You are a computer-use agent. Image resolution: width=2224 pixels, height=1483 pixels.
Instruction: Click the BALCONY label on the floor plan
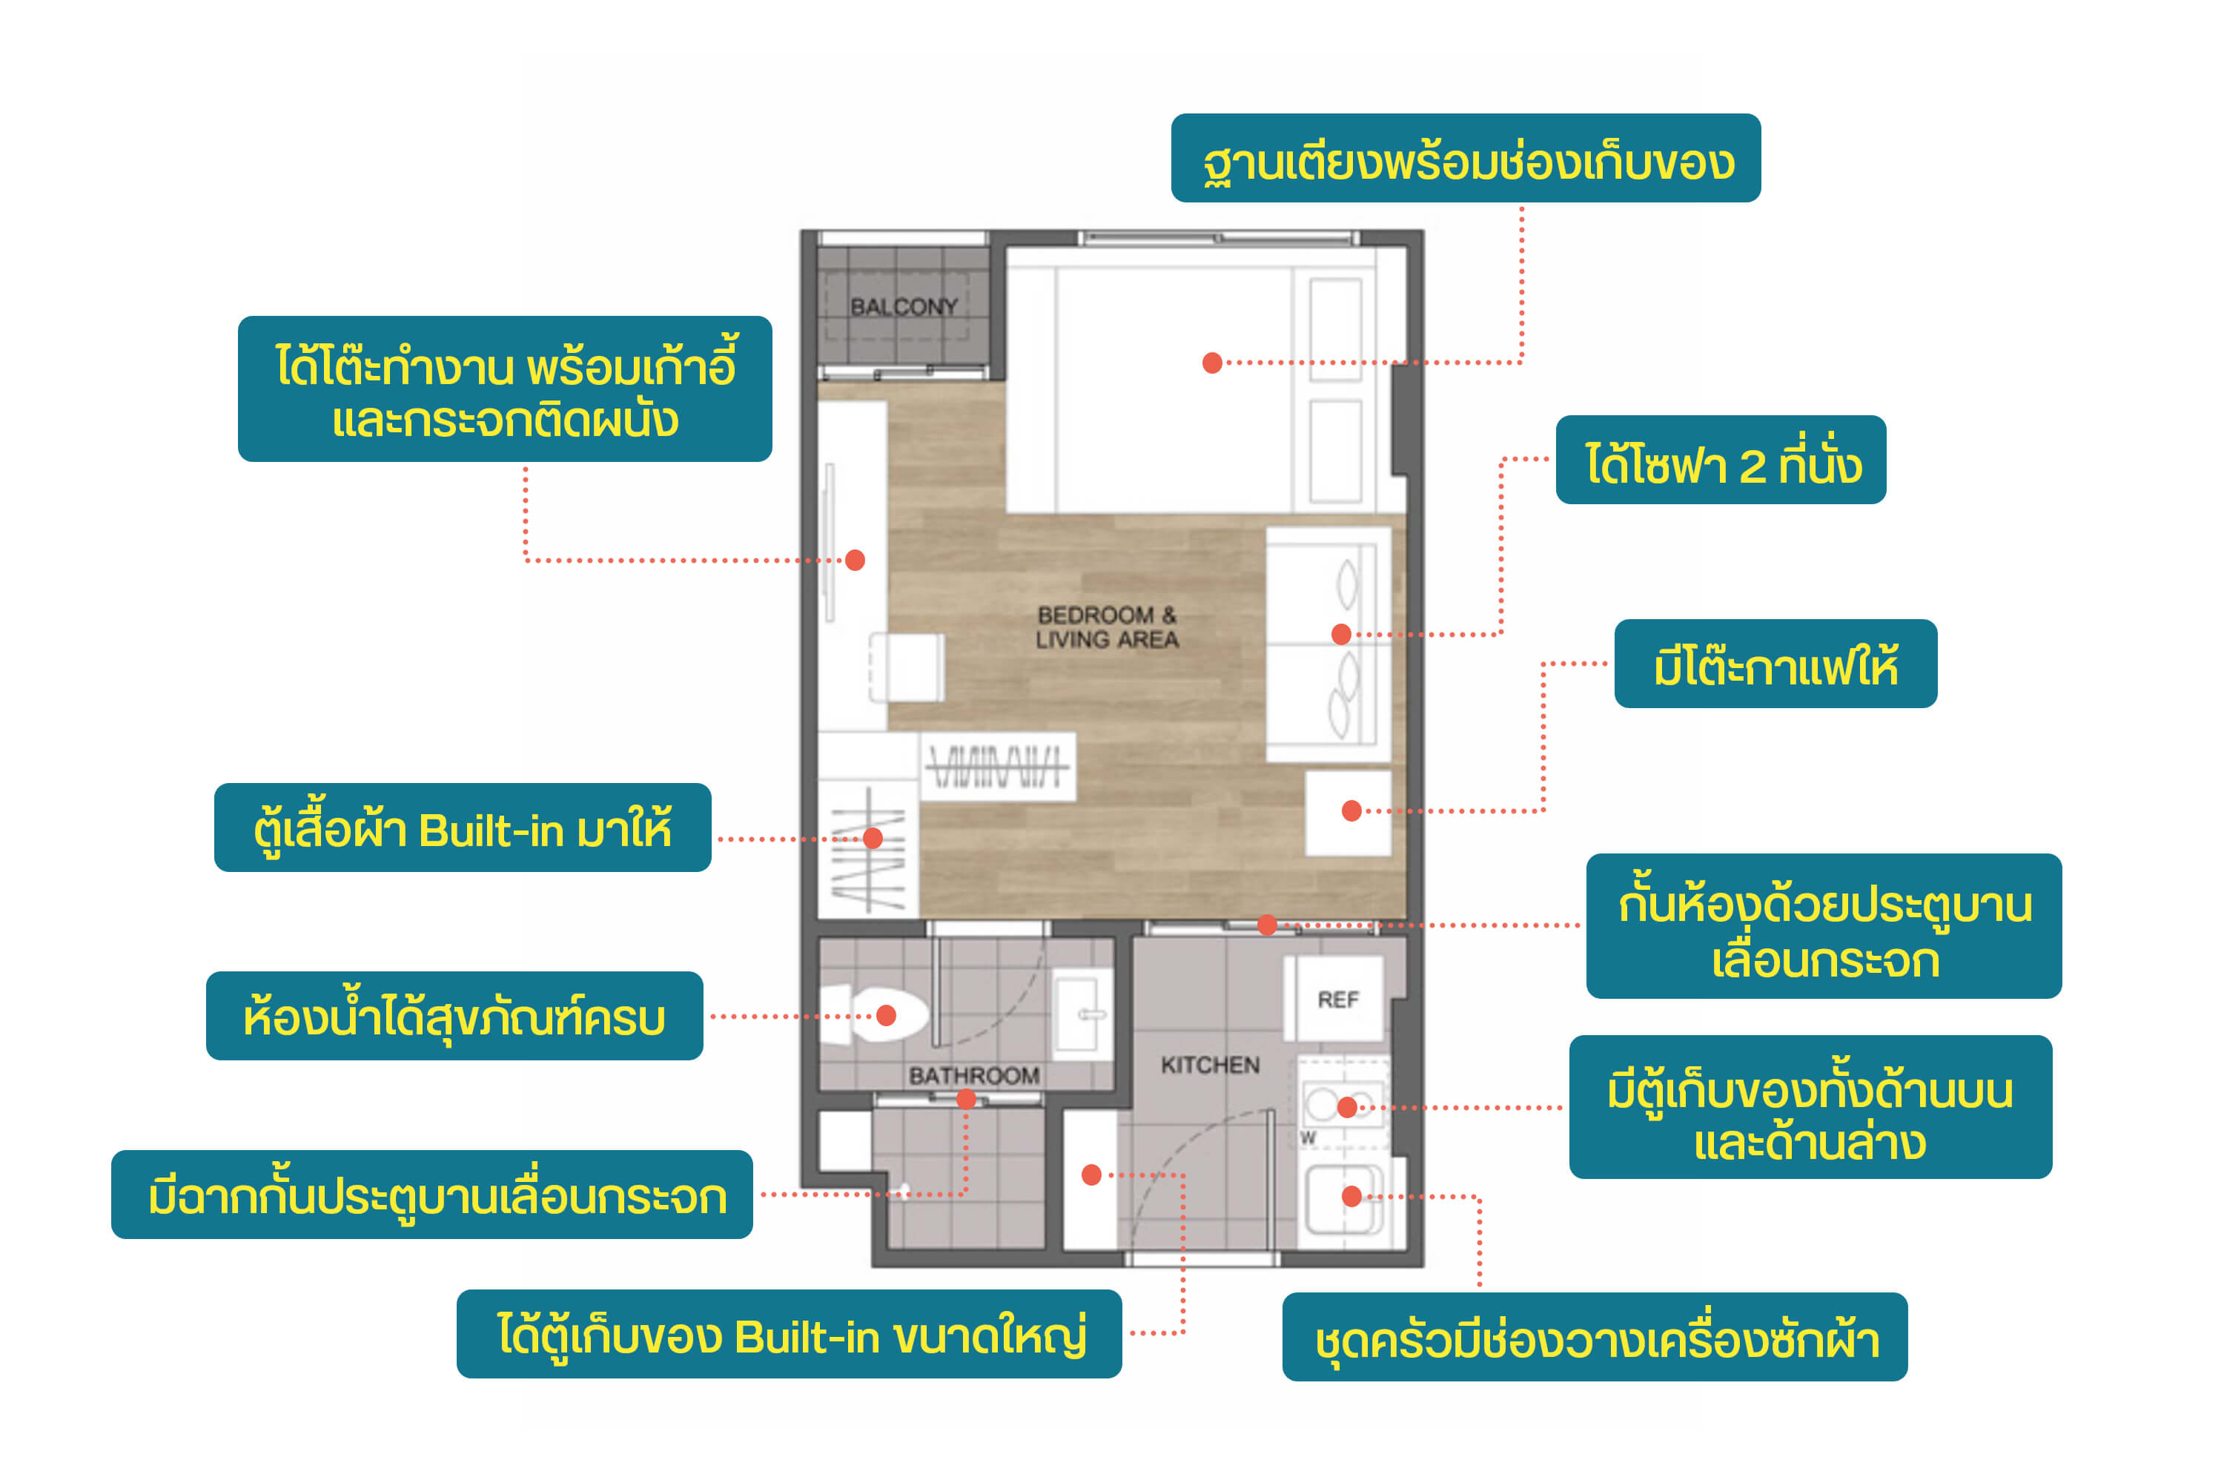coord(903,306)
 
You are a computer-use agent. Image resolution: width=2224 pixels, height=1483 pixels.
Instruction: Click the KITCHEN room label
coord(1211,1065)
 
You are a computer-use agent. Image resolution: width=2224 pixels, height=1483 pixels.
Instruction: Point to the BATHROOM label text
coord(974,1075)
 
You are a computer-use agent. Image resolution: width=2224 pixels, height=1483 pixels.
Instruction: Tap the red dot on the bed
coord(1212,363)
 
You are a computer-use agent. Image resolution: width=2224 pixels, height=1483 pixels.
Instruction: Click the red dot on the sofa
coord(1341,635)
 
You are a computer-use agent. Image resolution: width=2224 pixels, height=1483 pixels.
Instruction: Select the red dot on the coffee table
coord(1352,810)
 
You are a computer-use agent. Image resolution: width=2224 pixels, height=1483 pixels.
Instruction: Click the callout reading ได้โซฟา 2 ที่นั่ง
coord(1721,460)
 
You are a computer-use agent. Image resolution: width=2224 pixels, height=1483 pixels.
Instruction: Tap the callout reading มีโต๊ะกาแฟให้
coord(1775,664)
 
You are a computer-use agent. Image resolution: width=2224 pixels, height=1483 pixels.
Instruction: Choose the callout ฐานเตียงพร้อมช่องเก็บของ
coord(1466,158)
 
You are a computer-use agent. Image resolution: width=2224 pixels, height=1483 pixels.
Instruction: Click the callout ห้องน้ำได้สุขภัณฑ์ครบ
coord(455,1016)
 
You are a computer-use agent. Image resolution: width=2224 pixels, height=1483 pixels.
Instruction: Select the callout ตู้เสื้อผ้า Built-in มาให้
coord(463,828)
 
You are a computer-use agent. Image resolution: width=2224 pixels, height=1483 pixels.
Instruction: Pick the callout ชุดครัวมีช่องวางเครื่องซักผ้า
coord(1595,1338)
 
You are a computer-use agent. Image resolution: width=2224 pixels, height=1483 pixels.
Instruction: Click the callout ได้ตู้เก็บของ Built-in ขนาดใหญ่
coord(790,1333)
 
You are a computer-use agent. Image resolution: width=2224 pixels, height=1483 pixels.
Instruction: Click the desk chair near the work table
coord(906,668)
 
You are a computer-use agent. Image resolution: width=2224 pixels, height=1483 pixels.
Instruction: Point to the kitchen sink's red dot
coord(1352,1197)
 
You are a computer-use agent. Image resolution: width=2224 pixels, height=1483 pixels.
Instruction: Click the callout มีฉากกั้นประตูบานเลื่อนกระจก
coord(432,1195)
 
